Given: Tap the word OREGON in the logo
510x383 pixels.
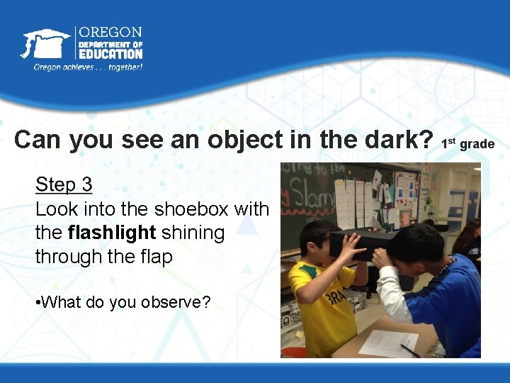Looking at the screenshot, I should [110, 32].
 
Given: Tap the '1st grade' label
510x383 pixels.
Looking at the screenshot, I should [467, 144].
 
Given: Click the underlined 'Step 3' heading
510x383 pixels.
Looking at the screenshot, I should [64, 185].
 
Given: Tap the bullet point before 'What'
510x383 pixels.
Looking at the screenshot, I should [38, 303].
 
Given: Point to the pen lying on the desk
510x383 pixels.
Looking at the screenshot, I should [409, 349].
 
